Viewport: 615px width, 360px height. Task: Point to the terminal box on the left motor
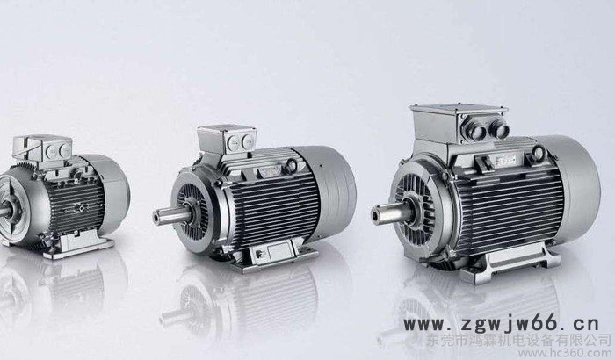[44, 149]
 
